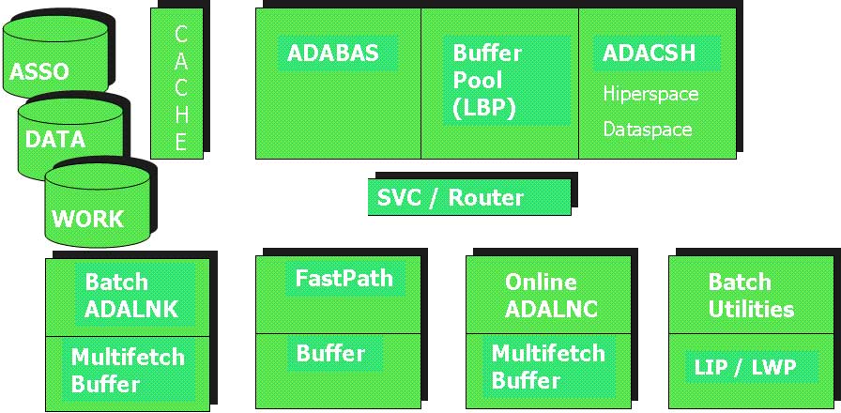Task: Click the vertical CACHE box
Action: tap(177, 84)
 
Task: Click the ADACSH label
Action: tap(650, 53)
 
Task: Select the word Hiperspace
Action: tap(650, 94)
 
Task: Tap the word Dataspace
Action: tap(648, 129)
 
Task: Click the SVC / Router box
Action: tap(469, 197)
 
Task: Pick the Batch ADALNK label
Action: tap(132, 295)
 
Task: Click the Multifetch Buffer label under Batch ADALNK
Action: tap(128, 370)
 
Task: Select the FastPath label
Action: tap(344, 278)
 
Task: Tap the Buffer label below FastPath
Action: tap(330, 354)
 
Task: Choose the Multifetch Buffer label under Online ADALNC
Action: tap(548, 367)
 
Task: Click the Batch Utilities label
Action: tap(751, 295)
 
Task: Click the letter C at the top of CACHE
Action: tap(180, 35)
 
